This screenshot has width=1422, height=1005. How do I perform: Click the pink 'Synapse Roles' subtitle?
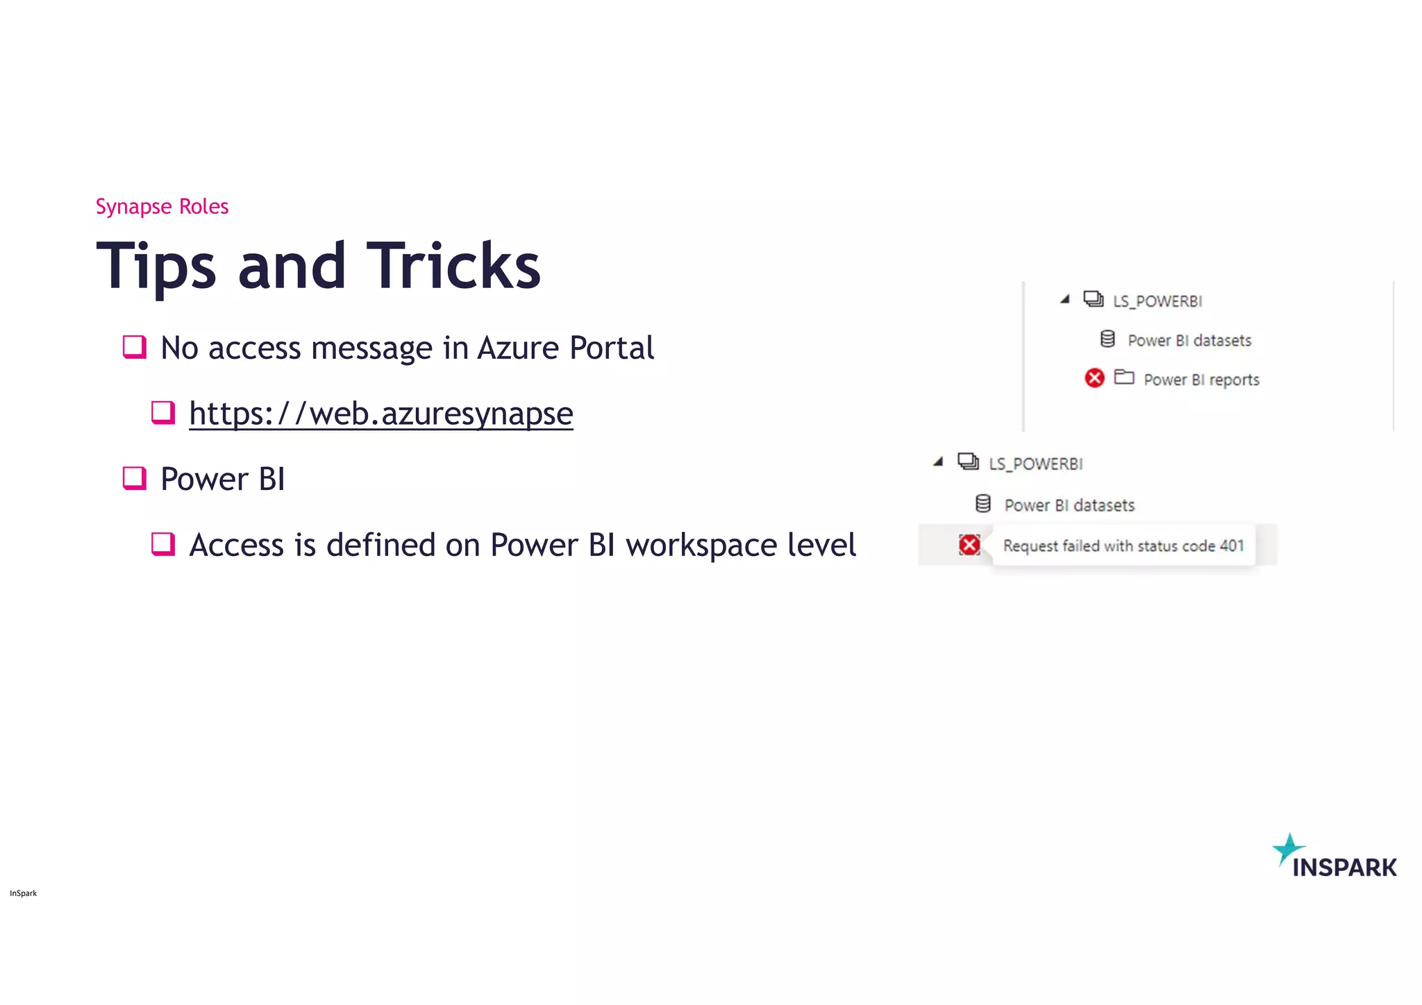pyautogui.click(x=162, y=207)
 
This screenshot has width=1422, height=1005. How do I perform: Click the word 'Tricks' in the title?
pyautogui.click(x=453, y=266)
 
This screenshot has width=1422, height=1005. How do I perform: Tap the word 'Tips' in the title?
pyautogui.click(x=156, y=266)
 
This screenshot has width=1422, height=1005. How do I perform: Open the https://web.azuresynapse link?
pyautogui.click(x=380, y=414)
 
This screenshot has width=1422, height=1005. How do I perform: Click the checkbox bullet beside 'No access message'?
pyautogui.click(x=134, y=346)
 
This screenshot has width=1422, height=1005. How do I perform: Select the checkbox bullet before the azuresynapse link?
pyautogui.click(x=163, y=412)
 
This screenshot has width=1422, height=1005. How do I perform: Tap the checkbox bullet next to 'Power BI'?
pyautogui.click(x=134, y=478)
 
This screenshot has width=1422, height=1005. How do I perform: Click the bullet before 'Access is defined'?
pyautogui.click(x=163, y=543)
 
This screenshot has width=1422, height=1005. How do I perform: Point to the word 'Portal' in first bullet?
pyautogui.click(x=611, y=348)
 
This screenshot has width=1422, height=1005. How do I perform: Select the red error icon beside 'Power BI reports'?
pyautogui.click(x=1094, y=378)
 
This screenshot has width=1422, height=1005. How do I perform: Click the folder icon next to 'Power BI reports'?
pyautogui.click(x=1124, y=377)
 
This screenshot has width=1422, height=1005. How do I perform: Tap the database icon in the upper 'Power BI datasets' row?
pyautogui.click(x=1107, y=339)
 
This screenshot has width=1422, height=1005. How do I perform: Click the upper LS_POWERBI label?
pyautogui.click(x=1157, y=301)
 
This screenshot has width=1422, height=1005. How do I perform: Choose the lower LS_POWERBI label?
pyautogui.click(x=1035, y=464)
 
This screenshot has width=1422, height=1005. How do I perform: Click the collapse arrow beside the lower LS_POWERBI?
pyautogui.click(x=939, y=462)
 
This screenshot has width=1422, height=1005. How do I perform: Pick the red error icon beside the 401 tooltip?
pyautogui.click(x=969, y=545)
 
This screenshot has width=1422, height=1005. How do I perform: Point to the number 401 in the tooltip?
pyautogui.click(x=1232, y=546)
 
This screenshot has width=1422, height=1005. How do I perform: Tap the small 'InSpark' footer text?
pyautogui.click(x=24, y=893)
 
